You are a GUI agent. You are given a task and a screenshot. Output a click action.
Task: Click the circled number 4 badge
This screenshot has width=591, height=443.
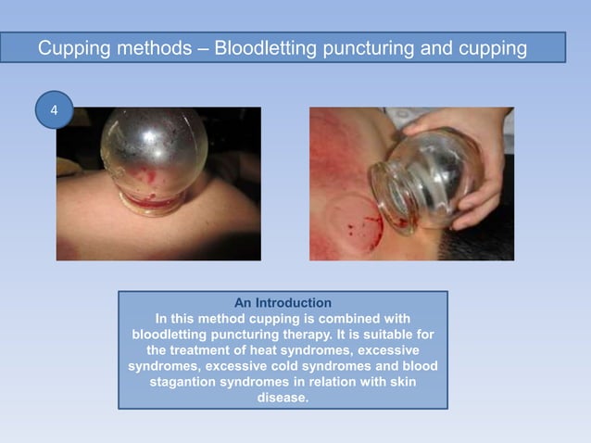54,110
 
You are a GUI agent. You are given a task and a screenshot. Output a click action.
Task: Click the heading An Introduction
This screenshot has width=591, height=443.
283,303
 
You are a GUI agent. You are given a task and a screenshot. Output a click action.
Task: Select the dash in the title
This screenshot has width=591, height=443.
202,47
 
